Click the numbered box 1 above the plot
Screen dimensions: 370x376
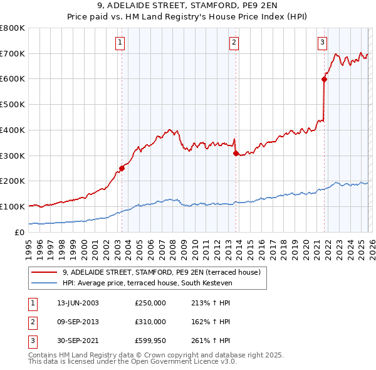[120, 43]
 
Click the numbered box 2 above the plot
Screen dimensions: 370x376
[233, 43]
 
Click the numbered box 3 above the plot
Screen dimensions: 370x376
[322, 43]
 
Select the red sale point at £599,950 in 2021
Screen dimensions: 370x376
[324, 79]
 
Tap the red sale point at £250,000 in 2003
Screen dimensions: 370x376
[122, 168]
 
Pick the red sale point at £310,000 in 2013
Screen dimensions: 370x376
[236, 153]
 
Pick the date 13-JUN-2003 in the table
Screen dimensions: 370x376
[77, 303]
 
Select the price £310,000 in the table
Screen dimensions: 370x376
[150, 322]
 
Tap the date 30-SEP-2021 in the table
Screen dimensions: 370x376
[77, 341]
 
